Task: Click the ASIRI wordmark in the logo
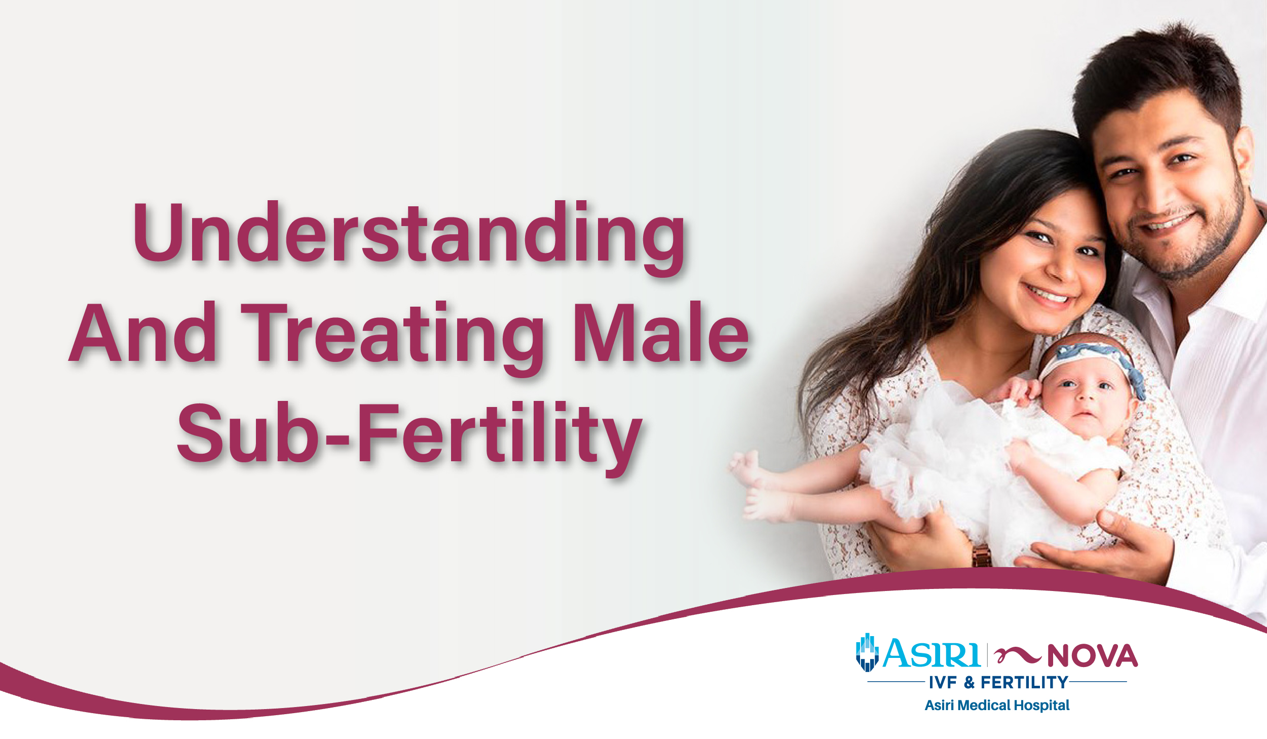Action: [x=931, y=654]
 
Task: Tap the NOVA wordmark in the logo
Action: [x=1092, y=656]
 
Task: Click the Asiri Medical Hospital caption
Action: [x=997, y=705]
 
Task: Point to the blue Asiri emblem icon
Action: [x=867, y=653]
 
